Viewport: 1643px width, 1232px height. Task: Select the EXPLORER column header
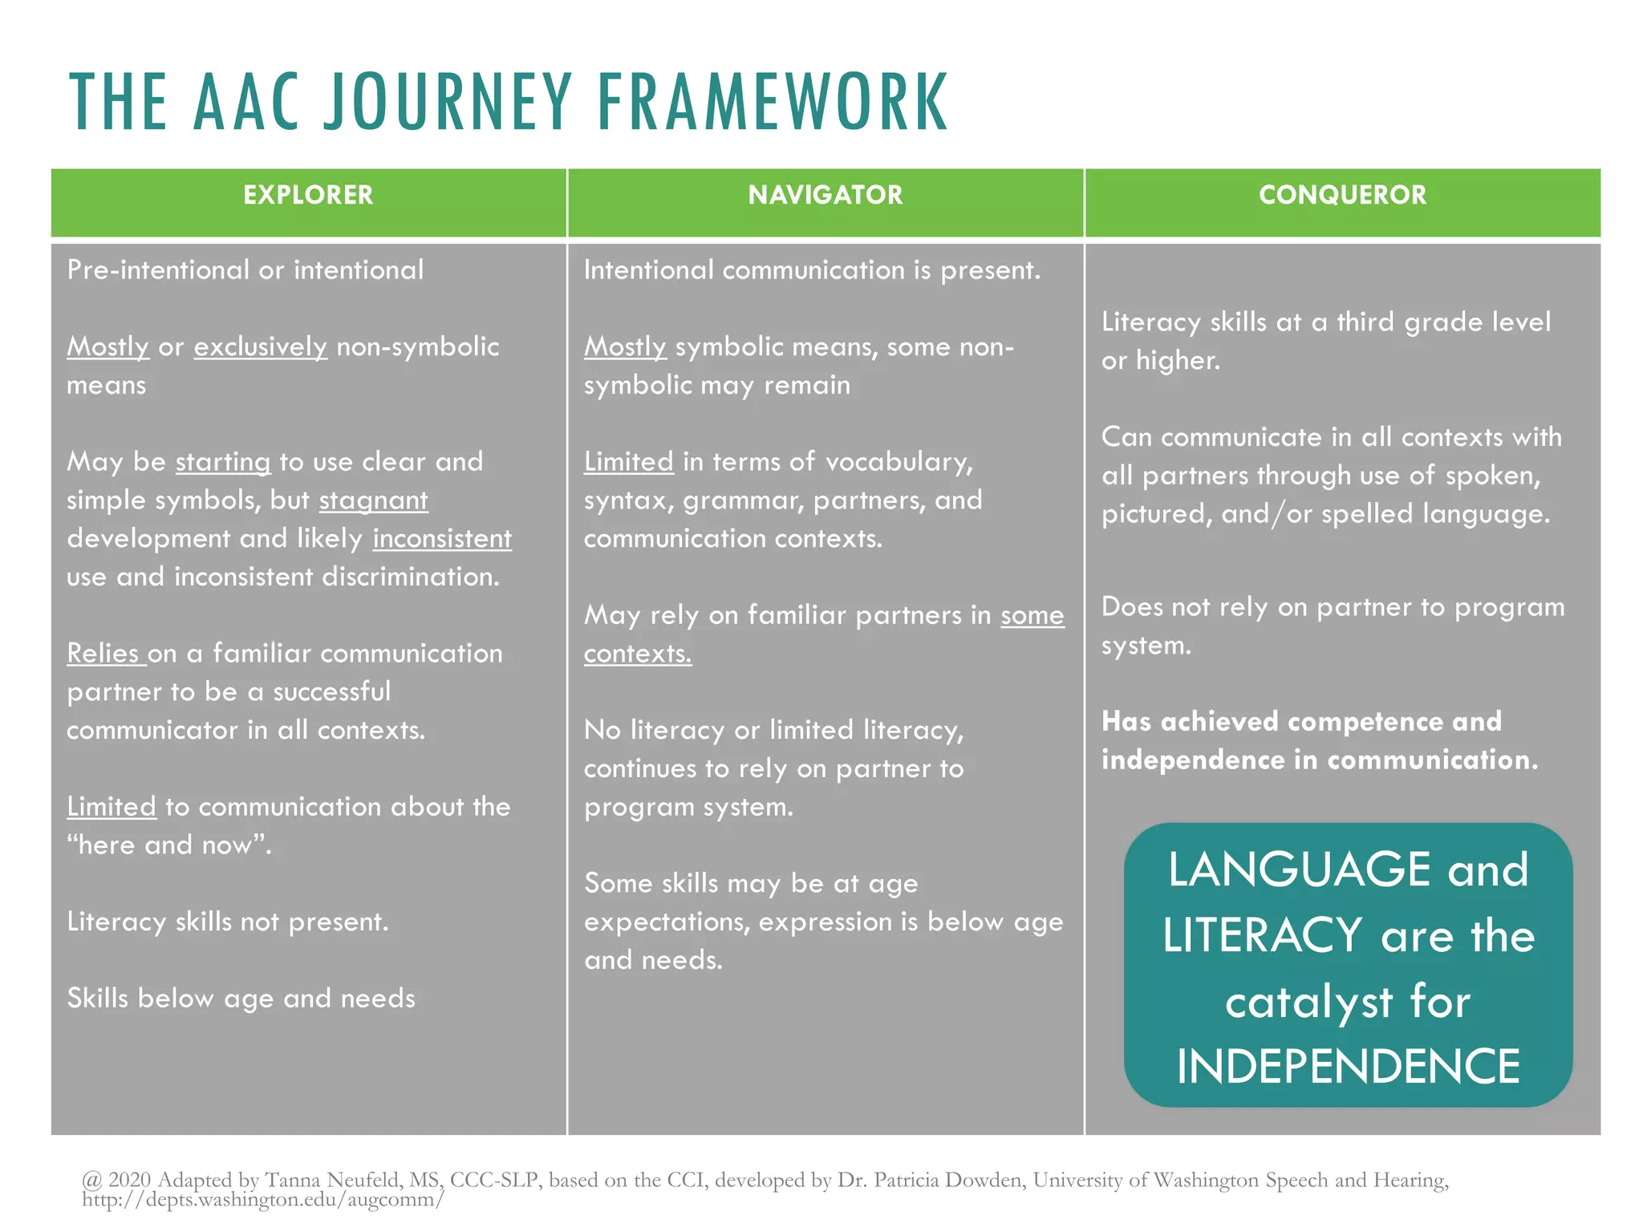[308, 195]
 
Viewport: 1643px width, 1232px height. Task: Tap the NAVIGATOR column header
[825, 195]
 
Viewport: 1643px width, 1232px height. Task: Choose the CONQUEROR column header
[1342, 195]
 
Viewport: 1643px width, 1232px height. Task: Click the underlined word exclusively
[260, 346]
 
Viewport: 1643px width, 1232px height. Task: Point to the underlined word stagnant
[373, 500]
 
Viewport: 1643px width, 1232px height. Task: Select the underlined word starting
[223, 462]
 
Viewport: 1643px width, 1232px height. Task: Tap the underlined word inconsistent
[441, 538]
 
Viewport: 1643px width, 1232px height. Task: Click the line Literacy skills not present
[228, 922]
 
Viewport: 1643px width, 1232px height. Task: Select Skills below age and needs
[241, 998]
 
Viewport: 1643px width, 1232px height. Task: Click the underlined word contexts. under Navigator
[637, 654]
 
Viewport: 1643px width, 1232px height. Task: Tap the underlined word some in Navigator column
[1032, 615]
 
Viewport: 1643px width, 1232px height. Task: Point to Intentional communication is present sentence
[811, 270]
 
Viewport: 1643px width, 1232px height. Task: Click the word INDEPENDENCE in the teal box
[1348, 1066]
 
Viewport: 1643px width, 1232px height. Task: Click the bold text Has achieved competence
[1300, 721]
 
